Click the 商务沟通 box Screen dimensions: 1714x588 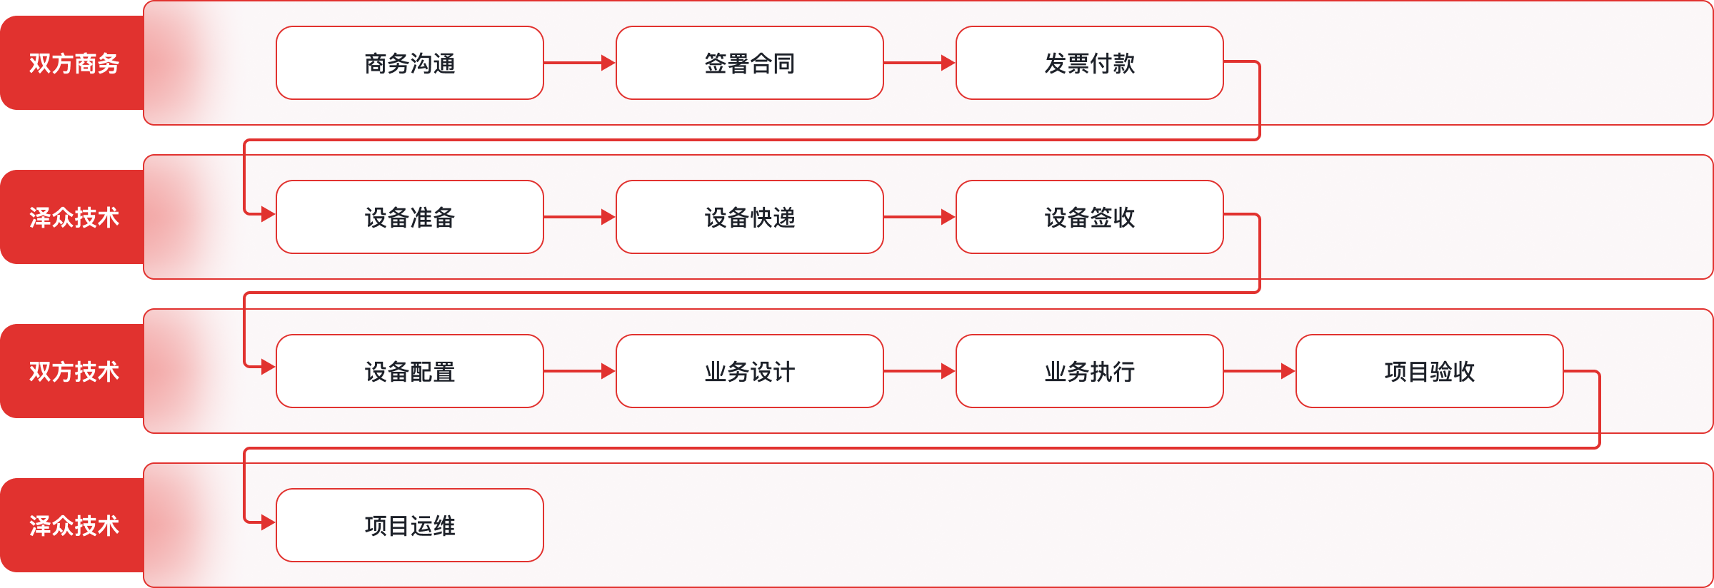pos(410,63)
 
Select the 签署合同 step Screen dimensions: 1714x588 pos(750,63)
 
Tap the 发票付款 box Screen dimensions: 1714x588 pos(1090,63)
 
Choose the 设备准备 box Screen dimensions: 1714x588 pos(410,217)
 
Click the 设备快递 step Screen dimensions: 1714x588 pos(750,217)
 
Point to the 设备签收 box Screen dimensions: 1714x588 pos(1090,217)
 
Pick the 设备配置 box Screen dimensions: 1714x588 pos(410,371)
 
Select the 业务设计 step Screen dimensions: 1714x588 pos(750,371)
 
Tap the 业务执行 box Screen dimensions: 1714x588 pos(1090,371)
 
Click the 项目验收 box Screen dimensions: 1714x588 pos(1430,371)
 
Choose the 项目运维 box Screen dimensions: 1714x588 pos(410,525)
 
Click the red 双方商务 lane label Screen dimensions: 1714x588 pos(73,63)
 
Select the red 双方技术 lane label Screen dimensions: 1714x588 pos(73,371)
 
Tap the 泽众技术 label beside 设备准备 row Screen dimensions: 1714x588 pos(73,217)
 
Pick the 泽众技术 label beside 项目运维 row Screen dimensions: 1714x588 pos(73,525)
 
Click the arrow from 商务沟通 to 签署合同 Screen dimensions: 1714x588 pos(580,63)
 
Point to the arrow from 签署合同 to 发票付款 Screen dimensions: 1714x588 pos(920,63)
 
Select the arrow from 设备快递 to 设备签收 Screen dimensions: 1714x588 pos(920,217)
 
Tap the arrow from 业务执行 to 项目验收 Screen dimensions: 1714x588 pos(1260,371)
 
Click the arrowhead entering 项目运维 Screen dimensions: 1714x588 pos(269,523)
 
